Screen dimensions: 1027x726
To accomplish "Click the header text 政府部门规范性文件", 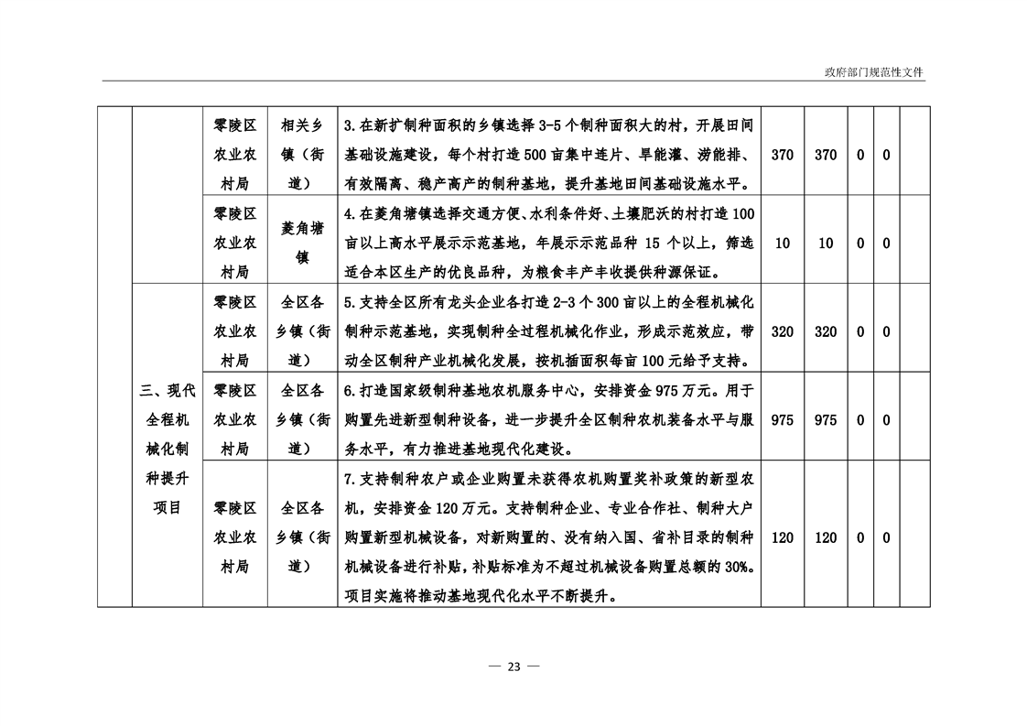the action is click(874, 72).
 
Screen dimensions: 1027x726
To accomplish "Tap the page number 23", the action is click(514, 666).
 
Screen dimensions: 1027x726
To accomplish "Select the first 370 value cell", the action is click(782, 155).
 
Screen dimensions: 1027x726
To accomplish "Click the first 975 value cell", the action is click(782, 420).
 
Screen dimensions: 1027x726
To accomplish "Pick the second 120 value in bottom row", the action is click(826, 538).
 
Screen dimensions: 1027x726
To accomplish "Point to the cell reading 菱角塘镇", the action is click(302, 243).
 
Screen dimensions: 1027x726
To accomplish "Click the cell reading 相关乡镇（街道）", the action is click(302, 155).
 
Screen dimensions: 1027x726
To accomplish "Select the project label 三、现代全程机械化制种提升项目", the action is click(167, 450).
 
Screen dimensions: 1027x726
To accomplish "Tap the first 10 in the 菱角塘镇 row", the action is click(782, 244).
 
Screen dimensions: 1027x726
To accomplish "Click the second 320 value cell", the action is click(826, 331).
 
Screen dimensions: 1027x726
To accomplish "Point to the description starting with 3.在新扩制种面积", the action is click(549, 155).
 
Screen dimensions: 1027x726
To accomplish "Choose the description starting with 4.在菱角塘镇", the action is click(549, 243).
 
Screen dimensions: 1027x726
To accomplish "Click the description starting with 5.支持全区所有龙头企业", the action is click(549, 330).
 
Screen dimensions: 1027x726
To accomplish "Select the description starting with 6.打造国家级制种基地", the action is click(549, 419).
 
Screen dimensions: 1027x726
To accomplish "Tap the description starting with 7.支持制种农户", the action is click(549, 537).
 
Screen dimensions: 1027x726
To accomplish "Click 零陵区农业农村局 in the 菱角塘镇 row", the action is click(234, 243).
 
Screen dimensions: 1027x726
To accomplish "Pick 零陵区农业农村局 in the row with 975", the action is click(234, 419).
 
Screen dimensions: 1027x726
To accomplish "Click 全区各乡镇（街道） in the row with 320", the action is click(302, 330).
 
